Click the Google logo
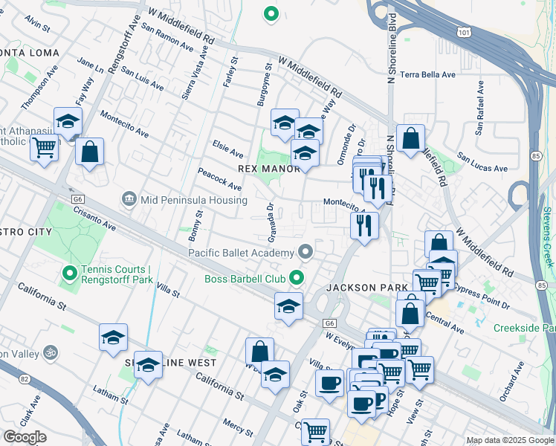[x=25, y=437]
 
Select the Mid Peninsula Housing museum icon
[x=130, y=200]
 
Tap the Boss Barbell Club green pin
[x=297, y=279]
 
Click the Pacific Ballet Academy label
[x=241, y=253]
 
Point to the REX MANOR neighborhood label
[x=268, y=169]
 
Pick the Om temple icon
[x=51, y=351]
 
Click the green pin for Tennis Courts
[x=71, y=274]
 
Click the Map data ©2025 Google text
[x=510, y=440]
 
